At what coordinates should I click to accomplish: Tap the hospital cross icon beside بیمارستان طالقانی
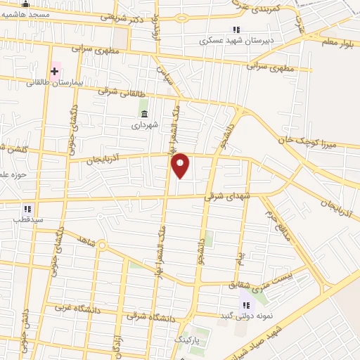54,71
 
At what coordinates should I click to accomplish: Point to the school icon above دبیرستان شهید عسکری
236,30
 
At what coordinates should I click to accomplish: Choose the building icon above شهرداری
144,114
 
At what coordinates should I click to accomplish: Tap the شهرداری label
145,125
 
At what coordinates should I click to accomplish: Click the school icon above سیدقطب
27,209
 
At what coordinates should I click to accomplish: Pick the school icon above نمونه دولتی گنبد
246,304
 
